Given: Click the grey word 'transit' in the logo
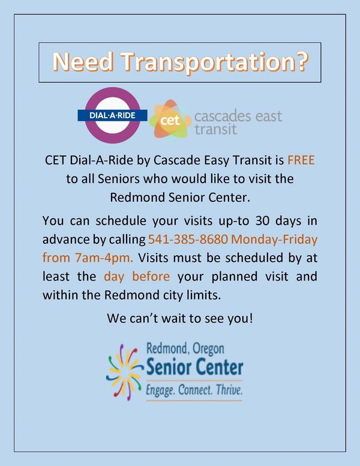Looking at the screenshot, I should [215, 129].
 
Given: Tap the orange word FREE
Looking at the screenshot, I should [301, 161].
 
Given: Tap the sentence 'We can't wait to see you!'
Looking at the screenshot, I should [180, 318].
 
